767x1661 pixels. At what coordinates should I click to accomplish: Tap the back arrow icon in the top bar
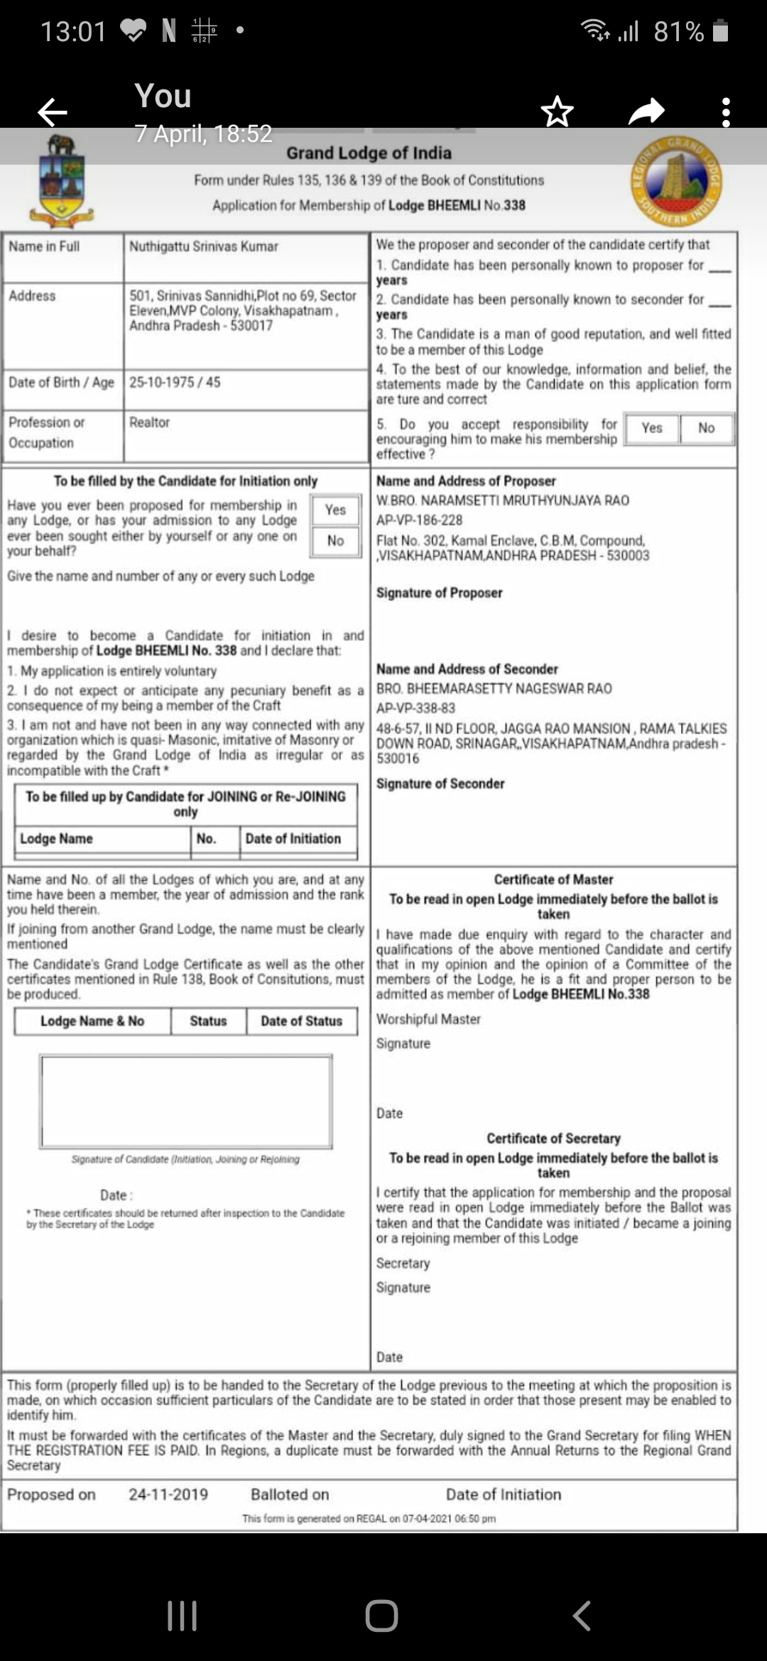pyautogui.click(x=53, y=111)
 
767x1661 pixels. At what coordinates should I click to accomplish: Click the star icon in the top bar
pyautogui.click(x=557, y=111)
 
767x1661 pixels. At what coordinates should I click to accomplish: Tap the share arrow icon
pyautogui.click(x=646, y=111)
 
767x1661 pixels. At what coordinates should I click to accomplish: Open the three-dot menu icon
pyautogui.click(x=725, y=112)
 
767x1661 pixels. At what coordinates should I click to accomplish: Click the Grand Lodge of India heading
pyautogui.click(x=369, y=153)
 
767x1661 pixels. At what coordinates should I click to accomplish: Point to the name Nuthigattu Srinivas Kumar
pyautogui.click(x=204, y=246)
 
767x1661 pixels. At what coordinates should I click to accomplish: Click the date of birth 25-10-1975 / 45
pyautogui.click(x=175, y=382)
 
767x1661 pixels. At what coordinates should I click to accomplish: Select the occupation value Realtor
pyautogui.click(x=149, y=422)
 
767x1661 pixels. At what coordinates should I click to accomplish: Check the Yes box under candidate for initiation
pyautogui.click(x=335, y=510)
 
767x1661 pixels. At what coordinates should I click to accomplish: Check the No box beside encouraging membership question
pyautogui.click(x=706, y=428)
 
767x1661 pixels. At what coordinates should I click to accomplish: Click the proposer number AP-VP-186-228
pyautogui.click(x=419, y=520)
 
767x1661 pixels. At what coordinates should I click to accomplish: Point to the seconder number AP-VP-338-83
pyautogui.click(x=415, y=708)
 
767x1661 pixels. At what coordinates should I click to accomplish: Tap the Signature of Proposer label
pyautogui.click(x=439, y=593)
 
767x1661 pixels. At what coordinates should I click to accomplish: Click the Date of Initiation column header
pyautogui.click(x=293, y=838)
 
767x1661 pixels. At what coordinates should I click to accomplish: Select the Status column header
pyautogui.click(x=208, y=1021)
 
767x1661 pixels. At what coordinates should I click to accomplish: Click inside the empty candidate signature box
pyautogui.click(x=186, y=1101)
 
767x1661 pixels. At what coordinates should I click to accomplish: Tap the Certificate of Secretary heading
pyautogui.click(x=553, y=1138)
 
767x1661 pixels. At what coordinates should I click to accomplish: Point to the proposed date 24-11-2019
pyautogui.click(x=168, y=1494)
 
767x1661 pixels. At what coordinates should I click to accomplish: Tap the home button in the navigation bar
pyautogui.click(x=381, y=1616)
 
